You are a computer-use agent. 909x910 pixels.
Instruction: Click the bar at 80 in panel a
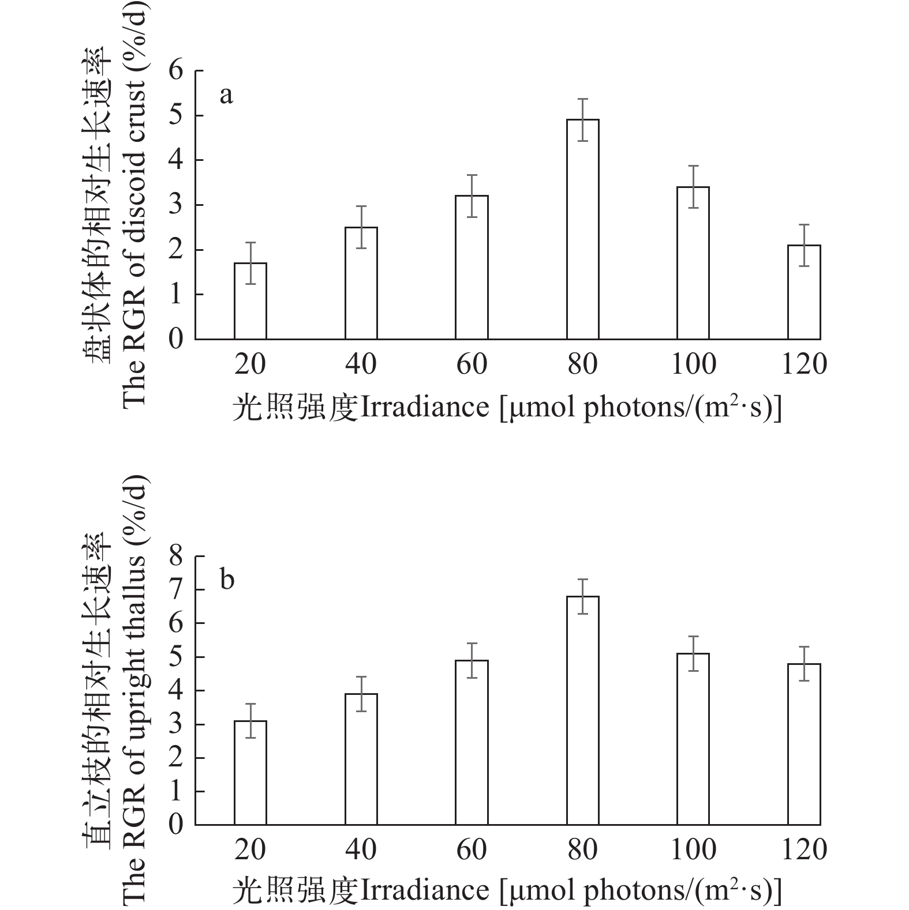[x=582, y=229]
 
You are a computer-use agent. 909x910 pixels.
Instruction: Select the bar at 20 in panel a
[x=250, y=301]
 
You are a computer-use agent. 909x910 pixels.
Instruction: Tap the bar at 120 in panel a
[x=804, y=292]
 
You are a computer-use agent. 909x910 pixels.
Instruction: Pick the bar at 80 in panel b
[x=582, y=710]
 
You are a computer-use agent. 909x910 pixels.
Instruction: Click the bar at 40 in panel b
[x=361, y=759]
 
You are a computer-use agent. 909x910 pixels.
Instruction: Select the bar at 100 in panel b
[x=693, y=739]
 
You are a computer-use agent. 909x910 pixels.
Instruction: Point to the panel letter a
[x=226, y=95]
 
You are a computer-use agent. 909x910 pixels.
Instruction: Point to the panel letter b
[x=227, y=580]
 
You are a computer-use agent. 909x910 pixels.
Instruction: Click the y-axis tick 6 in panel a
[x=176, y=71]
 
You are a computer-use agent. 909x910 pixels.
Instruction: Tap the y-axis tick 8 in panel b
[x=176, y=556]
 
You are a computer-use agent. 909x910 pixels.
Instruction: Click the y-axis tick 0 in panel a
[x=176, y=339]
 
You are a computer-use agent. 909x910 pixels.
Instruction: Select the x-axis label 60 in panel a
[x=472, y=364]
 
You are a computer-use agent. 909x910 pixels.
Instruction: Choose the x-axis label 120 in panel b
[x=804, y=849]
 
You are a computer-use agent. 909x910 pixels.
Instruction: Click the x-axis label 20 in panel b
[x=250, y=849]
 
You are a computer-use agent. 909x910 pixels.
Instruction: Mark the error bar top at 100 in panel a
[x=693, y=166]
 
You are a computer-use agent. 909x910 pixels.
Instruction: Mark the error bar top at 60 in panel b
[x=472, y=643]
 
